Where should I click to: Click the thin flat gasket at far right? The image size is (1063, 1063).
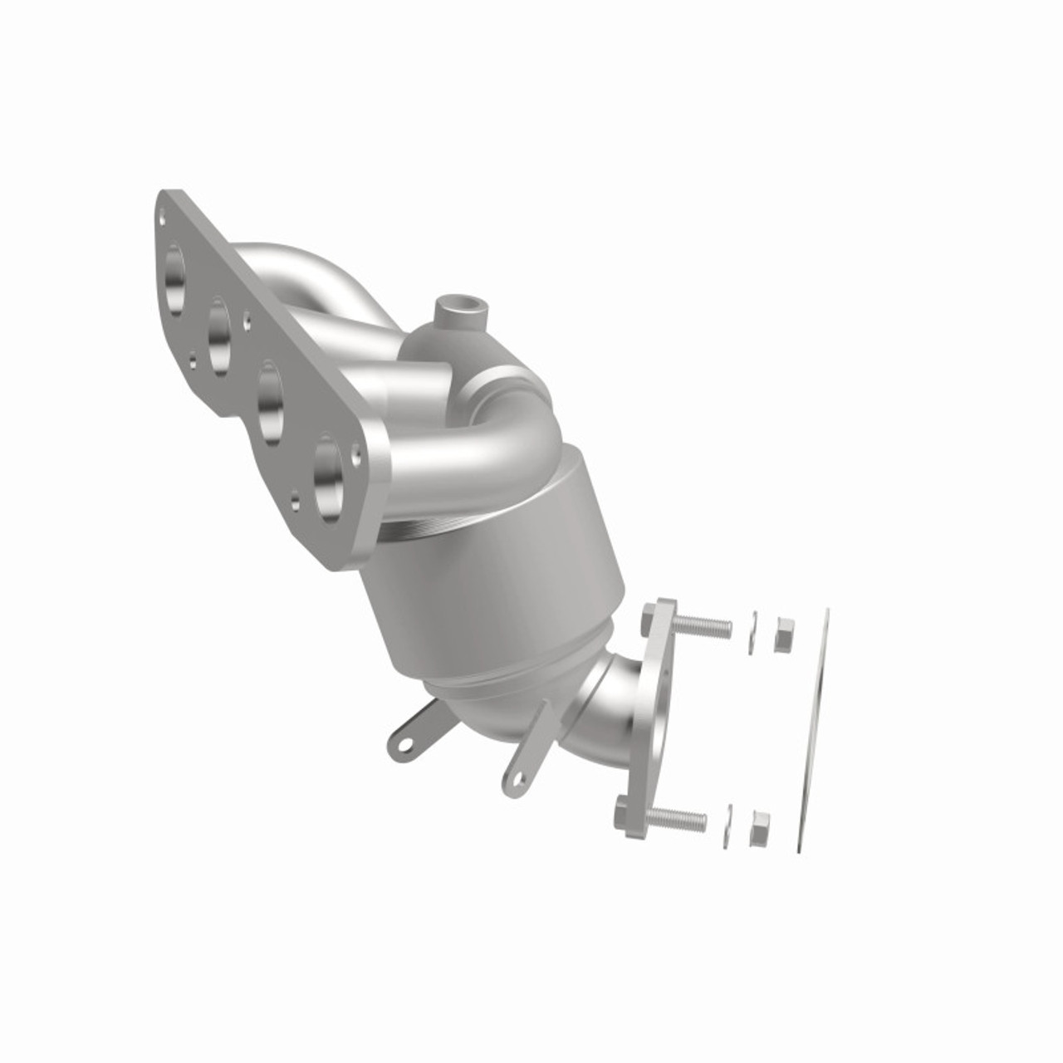[x=814, y=731]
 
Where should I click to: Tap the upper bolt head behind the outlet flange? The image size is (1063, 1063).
[x=649, y=617]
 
